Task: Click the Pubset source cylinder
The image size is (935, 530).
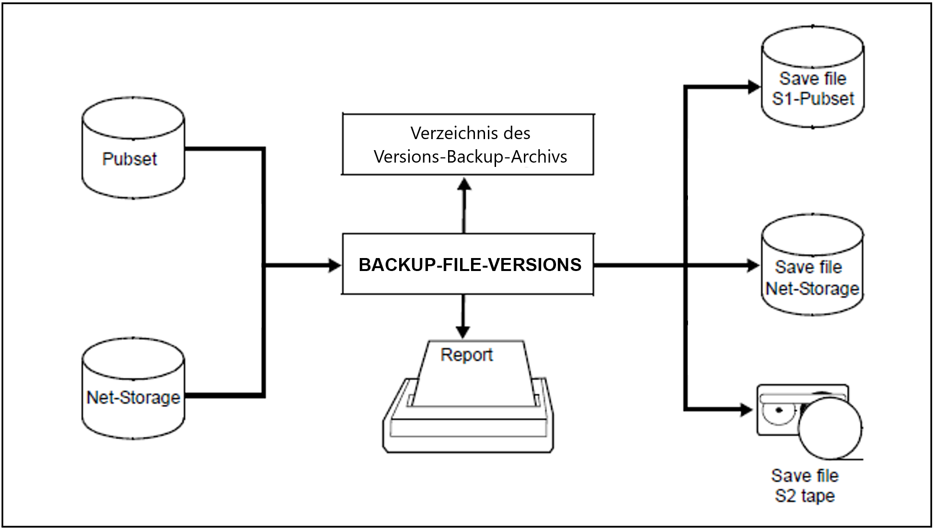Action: click(x=133, y=148)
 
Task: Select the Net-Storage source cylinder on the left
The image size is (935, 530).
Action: click(x=133, y=388)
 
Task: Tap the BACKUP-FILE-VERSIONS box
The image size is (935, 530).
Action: click(x=468, y=264)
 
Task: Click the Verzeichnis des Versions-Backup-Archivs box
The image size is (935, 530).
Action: click(x=468, y=144)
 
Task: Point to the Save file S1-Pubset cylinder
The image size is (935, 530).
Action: click(x=813, y=77)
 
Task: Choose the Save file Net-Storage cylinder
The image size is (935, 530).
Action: click(x=813, y=264)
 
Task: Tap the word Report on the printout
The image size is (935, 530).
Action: click(x=466, y=355)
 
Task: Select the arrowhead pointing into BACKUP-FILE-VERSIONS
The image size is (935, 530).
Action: click(x=335, y=264)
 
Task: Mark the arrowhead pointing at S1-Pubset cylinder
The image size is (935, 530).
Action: click(x=755, y=87)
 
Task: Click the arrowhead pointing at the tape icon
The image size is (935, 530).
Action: click(x=746, y=410)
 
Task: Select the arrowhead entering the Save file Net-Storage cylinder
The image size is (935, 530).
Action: click(x=754, y=265)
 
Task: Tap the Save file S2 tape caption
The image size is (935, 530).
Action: click(x=805, y=485)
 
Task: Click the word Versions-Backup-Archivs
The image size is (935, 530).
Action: click(x=470, y=157)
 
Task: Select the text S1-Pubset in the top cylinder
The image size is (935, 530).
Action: click(x=813, y=98)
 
